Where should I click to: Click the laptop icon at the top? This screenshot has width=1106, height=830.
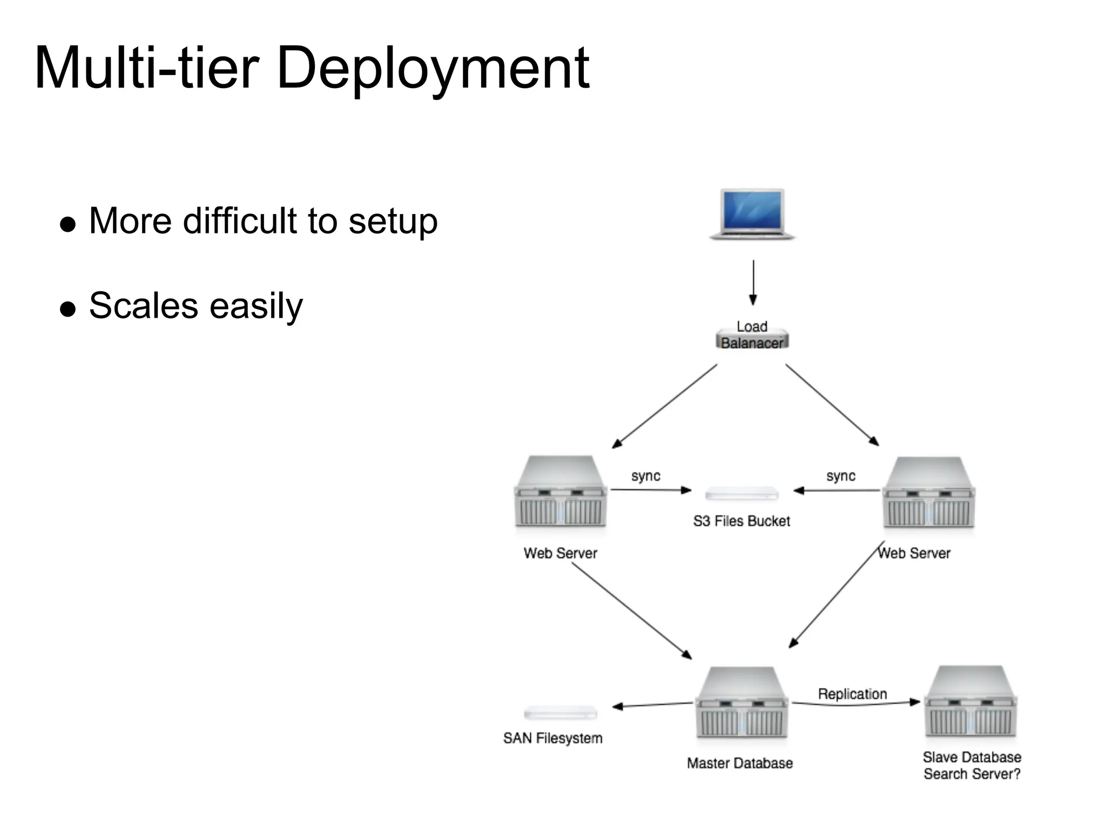click(752, 213)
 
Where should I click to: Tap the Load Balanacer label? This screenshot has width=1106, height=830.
click(752, 336)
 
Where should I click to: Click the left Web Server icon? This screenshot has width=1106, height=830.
click(561, 492)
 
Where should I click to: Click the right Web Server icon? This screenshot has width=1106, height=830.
click(929, 493)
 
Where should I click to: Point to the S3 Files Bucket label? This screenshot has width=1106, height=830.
click(741, 521)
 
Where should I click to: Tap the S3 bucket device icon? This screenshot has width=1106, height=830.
click(741, 493)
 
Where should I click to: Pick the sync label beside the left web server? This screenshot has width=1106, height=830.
click(646, 476)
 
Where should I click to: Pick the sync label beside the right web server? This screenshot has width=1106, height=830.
click(841, 476)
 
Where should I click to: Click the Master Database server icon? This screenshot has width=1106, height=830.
click(741, 702)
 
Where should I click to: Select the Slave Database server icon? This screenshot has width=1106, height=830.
click(971, 701)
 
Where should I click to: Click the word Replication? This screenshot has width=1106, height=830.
click(852, 694)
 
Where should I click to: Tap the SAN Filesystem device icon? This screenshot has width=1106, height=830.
click(561, 713)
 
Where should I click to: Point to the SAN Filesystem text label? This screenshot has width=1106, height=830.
click(552, 738)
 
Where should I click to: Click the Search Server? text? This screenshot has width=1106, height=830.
click(972, 774)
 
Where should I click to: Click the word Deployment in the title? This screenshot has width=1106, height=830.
click(432, 69)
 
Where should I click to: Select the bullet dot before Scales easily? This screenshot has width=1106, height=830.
click(68, 309)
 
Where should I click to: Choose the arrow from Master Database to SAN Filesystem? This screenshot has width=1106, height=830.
click(653, 705)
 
